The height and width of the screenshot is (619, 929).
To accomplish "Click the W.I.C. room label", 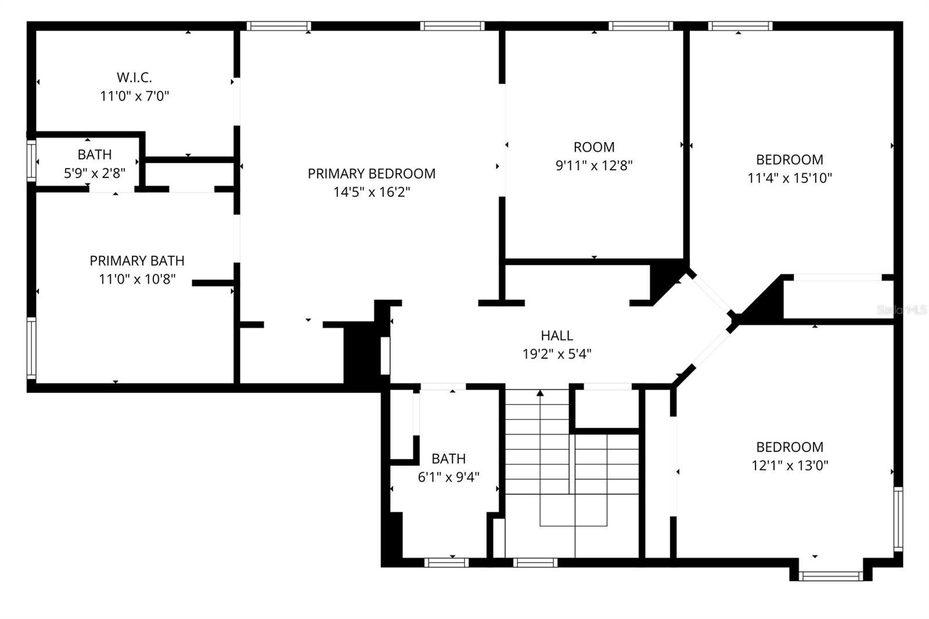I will point(134,77).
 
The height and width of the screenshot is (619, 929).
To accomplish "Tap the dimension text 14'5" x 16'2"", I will point(372,192).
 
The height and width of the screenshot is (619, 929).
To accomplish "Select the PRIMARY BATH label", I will point(137,261).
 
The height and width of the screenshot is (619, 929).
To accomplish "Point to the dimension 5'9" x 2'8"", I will point(95,173).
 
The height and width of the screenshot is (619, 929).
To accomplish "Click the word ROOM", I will point(593,147).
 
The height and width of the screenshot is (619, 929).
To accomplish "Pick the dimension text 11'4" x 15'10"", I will point(789,178).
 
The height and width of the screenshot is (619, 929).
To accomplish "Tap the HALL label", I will point(557,335).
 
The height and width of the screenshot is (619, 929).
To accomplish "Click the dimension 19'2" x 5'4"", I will point(557,354).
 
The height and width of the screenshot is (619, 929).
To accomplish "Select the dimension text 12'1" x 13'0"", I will point(789,466).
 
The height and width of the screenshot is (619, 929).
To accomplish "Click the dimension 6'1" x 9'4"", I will point(448,477).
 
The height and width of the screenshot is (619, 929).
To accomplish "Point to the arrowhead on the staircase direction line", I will point(540,393).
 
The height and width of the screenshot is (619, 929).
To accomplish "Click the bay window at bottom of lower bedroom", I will point(830,576).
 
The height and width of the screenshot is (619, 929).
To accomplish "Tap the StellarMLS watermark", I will point(902,310).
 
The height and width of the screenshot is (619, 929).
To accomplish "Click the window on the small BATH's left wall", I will point(31,160).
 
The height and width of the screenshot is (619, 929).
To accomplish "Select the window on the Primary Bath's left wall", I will point(31,348).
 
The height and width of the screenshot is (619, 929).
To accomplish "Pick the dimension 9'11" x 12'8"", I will point(593,166).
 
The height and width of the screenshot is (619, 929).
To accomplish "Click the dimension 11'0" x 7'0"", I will point(134,96).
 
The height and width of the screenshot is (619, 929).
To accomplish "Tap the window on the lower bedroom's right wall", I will point(898,519).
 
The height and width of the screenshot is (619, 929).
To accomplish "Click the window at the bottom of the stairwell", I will point(535,562).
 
